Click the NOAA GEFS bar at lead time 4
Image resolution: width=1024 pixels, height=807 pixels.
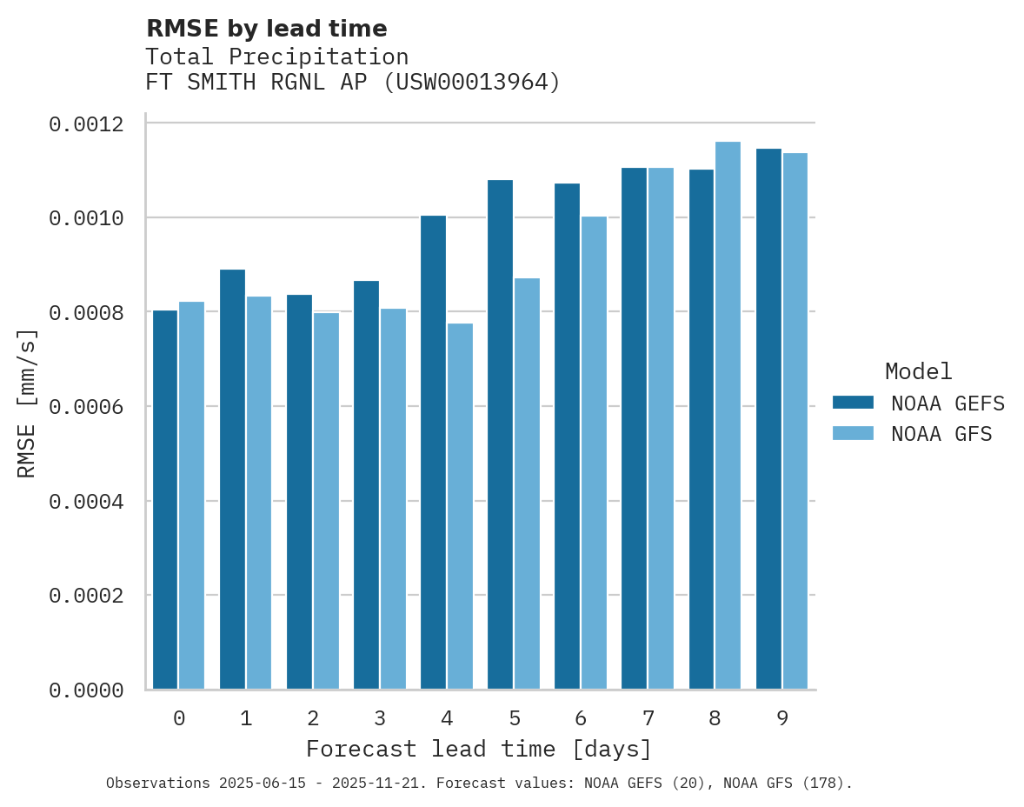pyautogui.click(x=433, y=452)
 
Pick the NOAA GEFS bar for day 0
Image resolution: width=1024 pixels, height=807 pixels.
pyautogui.click(x=165, y=500)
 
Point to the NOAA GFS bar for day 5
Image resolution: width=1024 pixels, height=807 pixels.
pyautogui.click(x=527, y=484)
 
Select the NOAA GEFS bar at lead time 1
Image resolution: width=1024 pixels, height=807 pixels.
pyautogui.click(x=232, y=479)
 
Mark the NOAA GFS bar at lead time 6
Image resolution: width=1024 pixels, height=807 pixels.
pyautogui.click(x=594, y=452)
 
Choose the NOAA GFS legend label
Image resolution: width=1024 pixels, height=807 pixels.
pyautogui.click(x=941, y=433)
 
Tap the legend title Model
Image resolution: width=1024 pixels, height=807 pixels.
pyautogui.click(x=918, y=371)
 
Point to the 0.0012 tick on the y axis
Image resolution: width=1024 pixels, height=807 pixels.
pyautogui.click(x=86, y=124)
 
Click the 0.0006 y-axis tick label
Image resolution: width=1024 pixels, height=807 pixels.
pyautogui.click(x=86, y=407)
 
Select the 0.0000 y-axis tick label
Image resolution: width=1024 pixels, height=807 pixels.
pyautogui.click(x=86, y=690)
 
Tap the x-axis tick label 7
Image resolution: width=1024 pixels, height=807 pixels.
pyautogui.click(x=648, y=718)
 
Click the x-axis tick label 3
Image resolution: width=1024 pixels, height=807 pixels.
pyautogui.click(x=380, y=718)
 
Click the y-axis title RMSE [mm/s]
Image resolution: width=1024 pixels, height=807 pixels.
pyautogui.click(x=27, y=403)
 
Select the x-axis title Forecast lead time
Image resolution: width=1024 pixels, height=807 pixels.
pyautogui.click(x=478, y=749)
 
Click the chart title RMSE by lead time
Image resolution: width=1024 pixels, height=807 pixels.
pyautogui.click(x=266, y=29)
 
